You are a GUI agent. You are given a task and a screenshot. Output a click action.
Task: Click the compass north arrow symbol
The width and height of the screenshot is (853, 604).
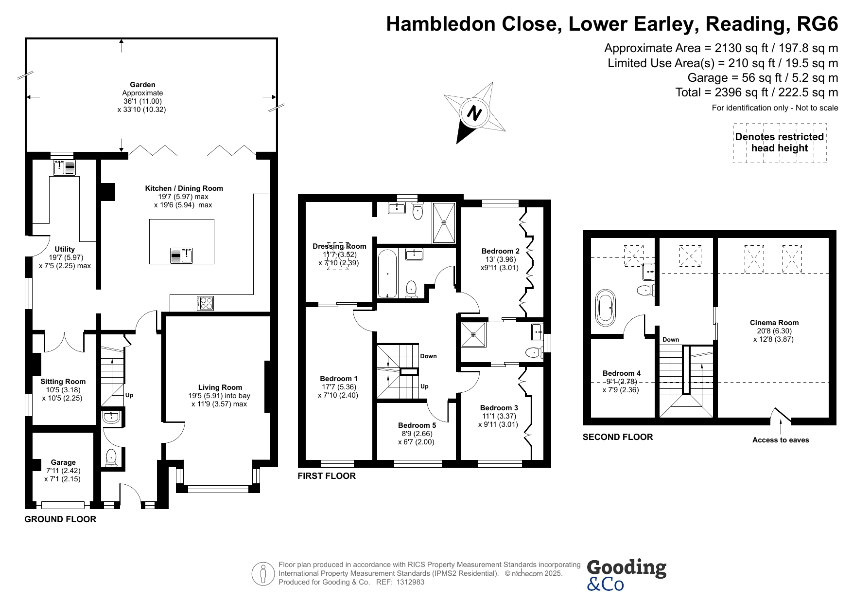[474, 113]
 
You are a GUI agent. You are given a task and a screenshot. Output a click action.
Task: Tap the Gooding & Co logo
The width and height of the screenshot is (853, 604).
[626, 574]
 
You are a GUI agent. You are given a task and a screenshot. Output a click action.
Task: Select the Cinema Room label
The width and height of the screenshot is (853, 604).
[774, 323]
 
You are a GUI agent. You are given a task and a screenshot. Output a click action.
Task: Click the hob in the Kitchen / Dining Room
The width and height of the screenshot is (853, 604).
[205, 303]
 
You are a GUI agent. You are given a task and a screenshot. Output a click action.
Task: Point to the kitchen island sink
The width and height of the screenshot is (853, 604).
[182, 255]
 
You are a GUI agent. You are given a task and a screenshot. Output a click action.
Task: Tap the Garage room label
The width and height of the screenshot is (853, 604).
[63, 462]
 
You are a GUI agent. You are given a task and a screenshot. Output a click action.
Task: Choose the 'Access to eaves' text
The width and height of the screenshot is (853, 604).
[781, 440]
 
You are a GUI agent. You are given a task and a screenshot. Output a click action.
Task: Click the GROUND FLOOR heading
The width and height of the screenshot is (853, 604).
[60, 519]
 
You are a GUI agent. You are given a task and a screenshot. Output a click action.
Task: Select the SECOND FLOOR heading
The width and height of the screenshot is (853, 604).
[618, 437]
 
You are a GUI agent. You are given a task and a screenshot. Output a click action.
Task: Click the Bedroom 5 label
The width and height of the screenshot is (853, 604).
[417, 425]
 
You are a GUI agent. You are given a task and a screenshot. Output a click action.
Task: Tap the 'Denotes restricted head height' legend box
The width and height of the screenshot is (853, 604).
[780, 143]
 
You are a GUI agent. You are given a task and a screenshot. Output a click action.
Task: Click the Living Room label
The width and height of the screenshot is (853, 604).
[220, 387]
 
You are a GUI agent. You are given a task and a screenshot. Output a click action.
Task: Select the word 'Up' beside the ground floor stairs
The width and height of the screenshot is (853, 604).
[129, 395]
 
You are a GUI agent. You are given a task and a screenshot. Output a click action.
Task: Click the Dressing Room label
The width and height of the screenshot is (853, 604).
[339, 246]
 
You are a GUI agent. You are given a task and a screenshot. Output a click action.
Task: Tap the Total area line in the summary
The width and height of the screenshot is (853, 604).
[757, 92]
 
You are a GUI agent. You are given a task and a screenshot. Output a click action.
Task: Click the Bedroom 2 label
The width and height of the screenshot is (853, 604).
[501, 251]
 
